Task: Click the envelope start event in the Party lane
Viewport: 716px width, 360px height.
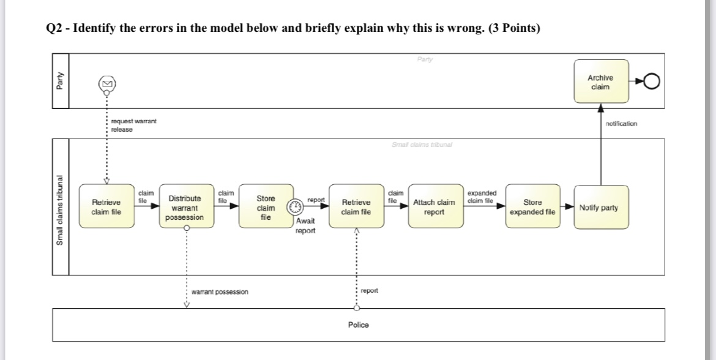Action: (107, 83)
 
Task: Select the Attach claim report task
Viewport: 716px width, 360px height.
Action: (434, 207)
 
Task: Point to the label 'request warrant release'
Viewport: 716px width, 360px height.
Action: (133, 126)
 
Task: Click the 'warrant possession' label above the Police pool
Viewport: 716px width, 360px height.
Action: (220, 292)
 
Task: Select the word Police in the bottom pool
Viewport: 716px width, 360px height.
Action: (358, 324)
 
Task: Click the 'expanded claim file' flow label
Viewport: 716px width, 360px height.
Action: (482, 196)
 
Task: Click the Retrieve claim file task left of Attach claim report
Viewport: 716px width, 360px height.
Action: (356, 207)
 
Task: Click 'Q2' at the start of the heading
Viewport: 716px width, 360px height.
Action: (54, 29)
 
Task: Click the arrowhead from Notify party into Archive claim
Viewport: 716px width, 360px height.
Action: (600, 108)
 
